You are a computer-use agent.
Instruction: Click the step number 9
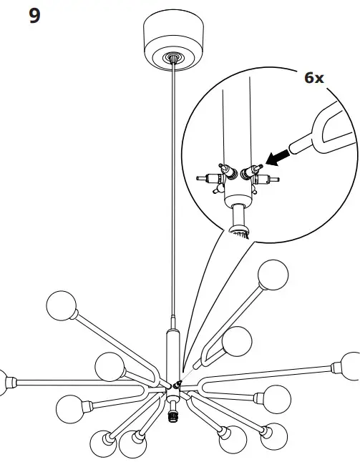coord(34,15)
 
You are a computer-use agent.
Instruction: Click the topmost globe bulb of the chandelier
coord(272,275)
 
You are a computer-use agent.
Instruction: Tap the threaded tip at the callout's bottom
coord(239,230)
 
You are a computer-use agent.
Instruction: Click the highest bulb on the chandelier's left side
coord(61,306)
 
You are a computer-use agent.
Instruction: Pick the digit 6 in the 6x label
coord(309,77)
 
